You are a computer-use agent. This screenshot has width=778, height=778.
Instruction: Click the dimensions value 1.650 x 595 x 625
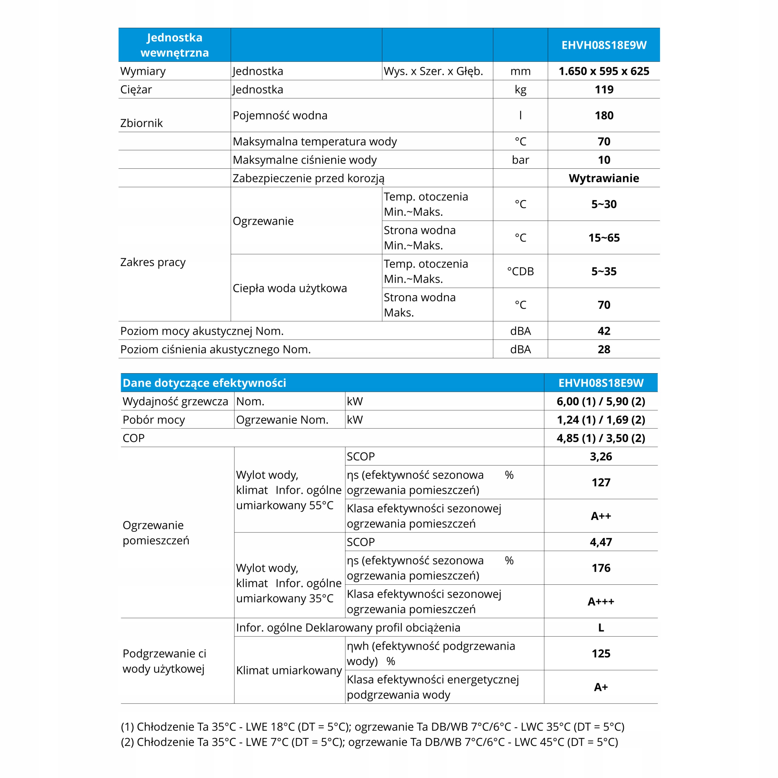604,71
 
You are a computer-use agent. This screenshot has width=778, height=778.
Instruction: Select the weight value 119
604,89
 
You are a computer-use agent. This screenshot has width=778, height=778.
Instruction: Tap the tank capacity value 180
604,115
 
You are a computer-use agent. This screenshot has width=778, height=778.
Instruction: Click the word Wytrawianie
604,178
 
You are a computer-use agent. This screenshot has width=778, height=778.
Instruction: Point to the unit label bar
520,160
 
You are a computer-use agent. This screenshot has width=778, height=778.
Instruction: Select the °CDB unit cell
520,271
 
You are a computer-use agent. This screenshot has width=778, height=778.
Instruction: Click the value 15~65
604,238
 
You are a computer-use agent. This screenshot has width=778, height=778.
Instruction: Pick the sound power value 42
604,331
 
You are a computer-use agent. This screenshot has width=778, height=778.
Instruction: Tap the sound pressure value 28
604,349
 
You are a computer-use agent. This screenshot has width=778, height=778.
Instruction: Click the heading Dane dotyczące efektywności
204,383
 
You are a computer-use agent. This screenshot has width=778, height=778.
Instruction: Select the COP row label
134,438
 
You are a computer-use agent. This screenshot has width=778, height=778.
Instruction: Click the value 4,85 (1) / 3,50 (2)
601,438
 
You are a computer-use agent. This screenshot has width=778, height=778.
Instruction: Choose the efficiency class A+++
601,602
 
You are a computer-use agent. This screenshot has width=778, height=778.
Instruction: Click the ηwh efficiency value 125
601,654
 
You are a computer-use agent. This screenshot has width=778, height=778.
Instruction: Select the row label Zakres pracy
153,262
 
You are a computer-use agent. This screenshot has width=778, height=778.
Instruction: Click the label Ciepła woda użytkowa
290,288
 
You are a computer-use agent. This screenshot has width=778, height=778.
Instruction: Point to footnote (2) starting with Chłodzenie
369,742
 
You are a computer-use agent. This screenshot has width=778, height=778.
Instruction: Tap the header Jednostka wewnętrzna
174,45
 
